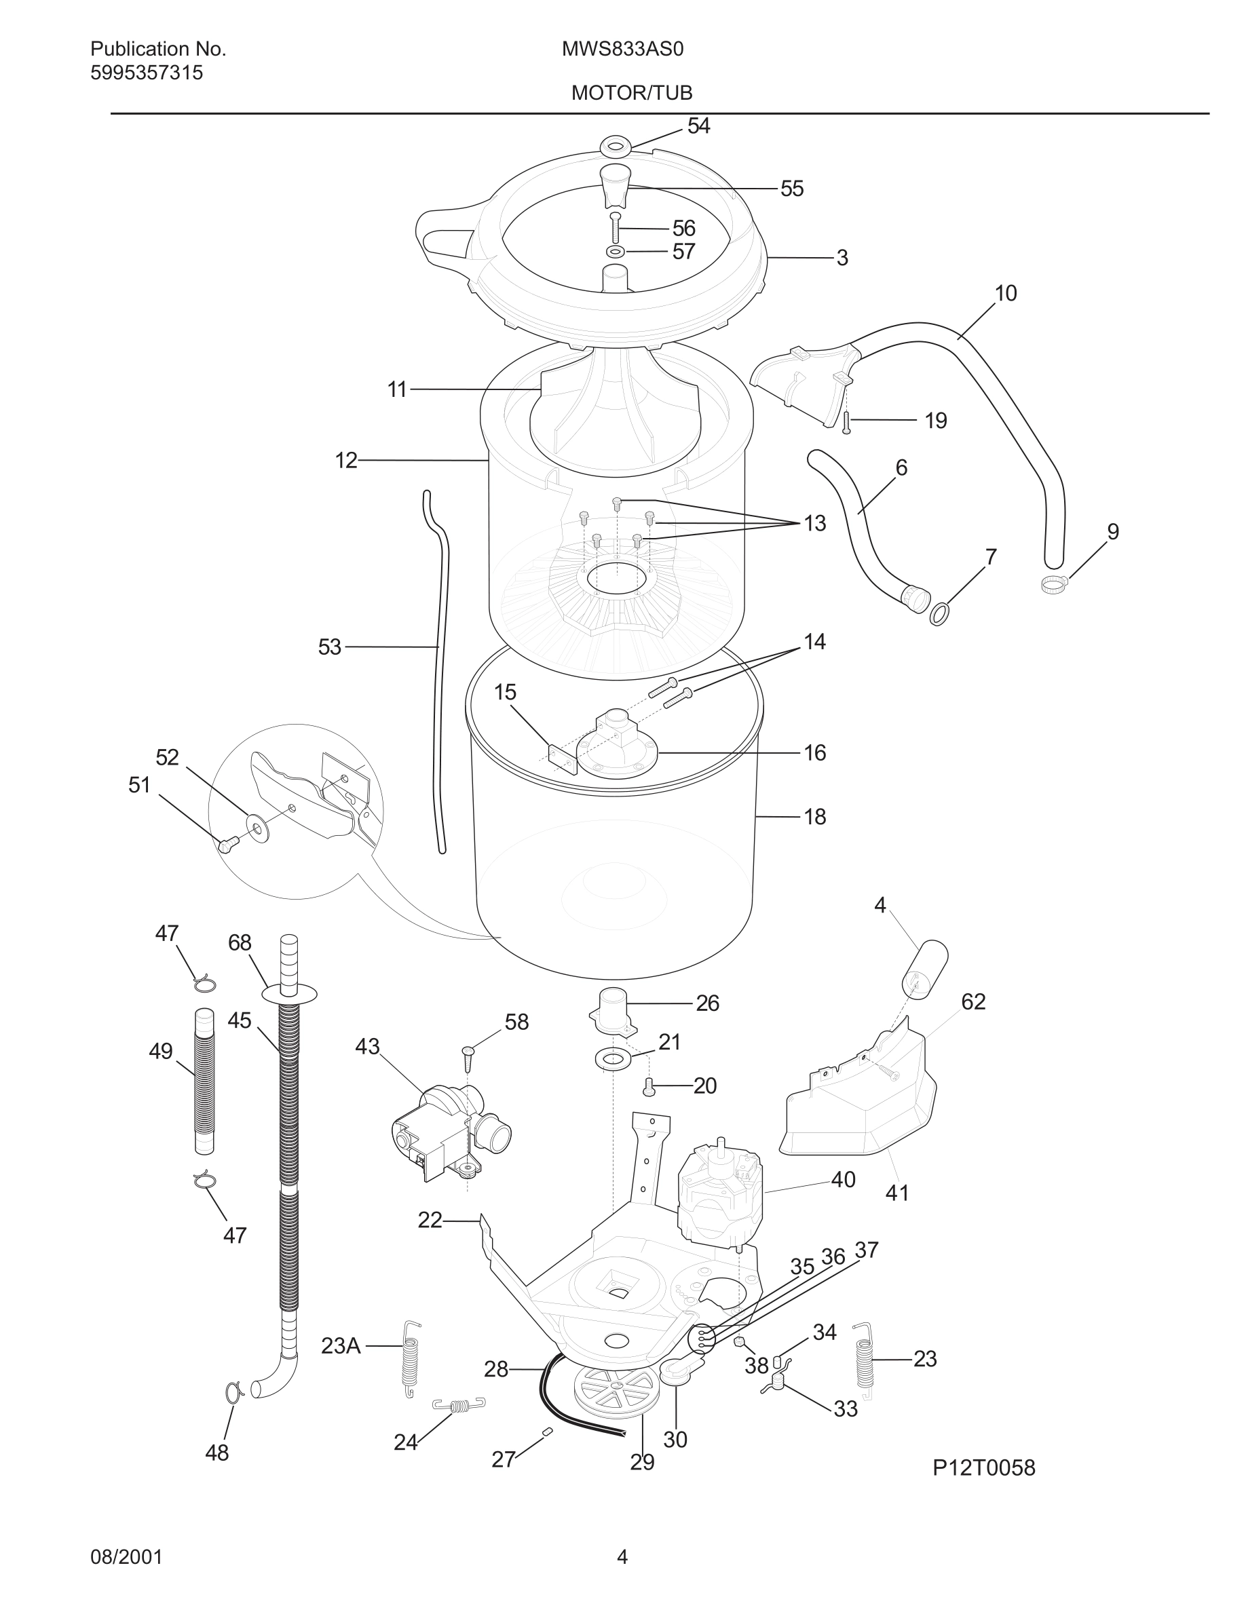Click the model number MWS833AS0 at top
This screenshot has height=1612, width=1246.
click(x=622, y=49)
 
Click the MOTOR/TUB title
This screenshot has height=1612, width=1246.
click(x=631, y=93)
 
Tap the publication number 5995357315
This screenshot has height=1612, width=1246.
click(x=146, y=73)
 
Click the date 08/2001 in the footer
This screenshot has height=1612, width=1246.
click(x=126, y=1557)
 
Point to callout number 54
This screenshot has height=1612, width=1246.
click(x=698, y=126)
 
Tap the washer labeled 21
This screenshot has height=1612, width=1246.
click(x=612, y=1060)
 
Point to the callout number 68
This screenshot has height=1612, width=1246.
click(x=240, y=942)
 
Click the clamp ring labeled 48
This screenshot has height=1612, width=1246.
click(x=233, y=1392)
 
